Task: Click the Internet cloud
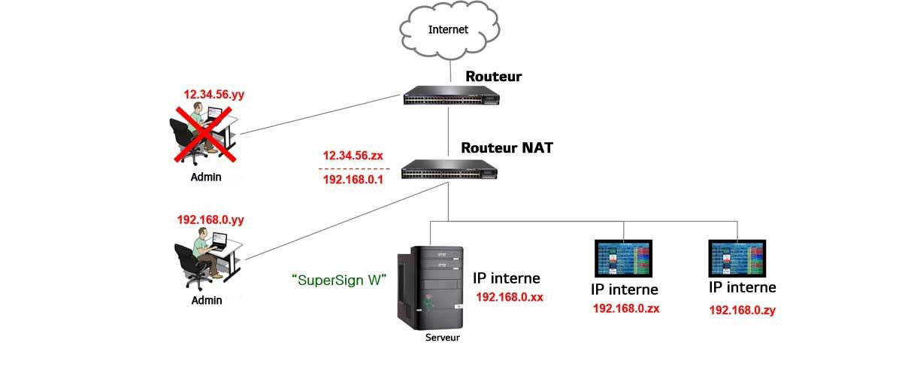pyautogui.click(x=449, y=32)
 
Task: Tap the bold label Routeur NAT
pyautogui.click(x=507, y=148)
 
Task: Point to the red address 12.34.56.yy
pyautogui.click(x=214, y=95)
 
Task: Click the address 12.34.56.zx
pyautogui.click(x=353, y=156)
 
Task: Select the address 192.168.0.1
pyautogui.click(x=353, y=180)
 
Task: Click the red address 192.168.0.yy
pyautogui.click(x=210, y=220)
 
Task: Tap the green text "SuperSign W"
pyautogui.click(x=338, y=280)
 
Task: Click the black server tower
pyautogui.click(x=430, y=286)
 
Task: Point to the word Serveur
pyautogui.click(x=442, y=338)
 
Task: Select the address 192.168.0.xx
pyautogui.click(x=510, y=297)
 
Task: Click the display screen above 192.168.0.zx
pyautogui.click(x=624, y=259)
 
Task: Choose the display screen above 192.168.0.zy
pyautogui.click(x=737, y=259)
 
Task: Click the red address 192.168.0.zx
pyautogui.click(x=626, y=308)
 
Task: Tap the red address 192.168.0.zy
pyautogui.click(x=743, y=309)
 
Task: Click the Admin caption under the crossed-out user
pyautogui.click(x=206, y=177)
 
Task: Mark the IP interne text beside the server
pyautogui.click(x=507, y=278)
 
